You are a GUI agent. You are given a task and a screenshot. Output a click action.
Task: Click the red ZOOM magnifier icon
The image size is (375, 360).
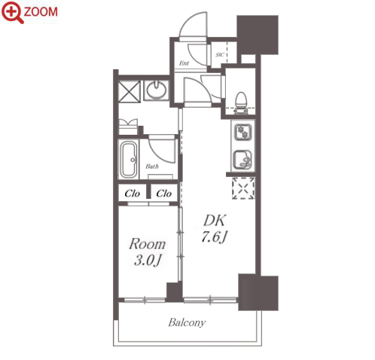(x=12, y=12)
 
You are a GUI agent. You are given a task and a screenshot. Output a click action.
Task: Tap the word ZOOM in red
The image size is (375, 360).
(x=41, y=12)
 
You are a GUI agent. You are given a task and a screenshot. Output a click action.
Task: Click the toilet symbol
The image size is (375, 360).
(x=241, y=103)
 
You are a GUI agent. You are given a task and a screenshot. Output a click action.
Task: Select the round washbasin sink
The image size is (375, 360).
(x=157, y=90)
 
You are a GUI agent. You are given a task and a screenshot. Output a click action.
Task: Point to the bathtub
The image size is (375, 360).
(x=129, y=160)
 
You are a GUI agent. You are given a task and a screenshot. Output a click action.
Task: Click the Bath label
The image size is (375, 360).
(x=152, y=166)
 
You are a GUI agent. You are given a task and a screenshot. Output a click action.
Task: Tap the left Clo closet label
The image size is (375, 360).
(x=133, y=194)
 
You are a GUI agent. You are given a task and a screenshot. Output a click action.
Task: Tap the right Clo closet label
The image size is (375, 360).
(x=163, y=194)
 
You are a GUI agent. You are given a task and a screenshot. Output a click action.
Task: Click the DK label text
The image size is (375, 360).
(x=215, y=221)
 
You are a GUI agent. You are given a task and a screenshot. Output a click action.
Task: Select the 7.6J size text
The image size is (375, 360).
(x=214, y=236)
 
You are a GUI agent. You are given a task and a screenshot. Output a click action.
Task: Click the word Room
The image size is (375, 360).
(x=148, y=243)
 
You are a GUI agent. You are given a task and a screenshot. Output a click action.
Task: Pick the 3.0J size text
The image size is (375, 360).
(x=148, y=260)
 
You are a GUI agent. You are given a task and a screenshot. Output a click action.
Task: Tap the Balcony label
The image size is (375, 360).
(x=187, y=322)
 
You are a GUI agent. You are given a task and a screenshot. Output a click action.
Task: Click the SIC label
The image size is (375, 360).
(x=220, y=54)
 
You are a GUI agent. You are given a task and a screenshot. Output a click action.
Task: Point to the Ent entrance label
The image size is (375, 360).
(x=184, y=63)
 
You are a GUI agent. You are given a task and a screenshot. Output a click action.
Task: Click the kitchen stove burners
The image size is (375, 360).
(x=242, y=133)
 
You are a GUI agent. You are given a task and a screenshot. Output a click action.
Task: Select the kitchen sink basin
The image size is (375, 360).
(x=242, y=159)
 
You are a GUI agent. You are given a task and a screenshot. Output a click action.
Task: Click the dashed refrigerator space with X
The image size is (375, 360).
(x=243, y=188)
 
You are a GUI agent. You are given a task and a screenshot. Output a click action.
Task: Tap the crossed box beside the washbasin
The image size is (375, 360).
(x=129, y=91)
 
